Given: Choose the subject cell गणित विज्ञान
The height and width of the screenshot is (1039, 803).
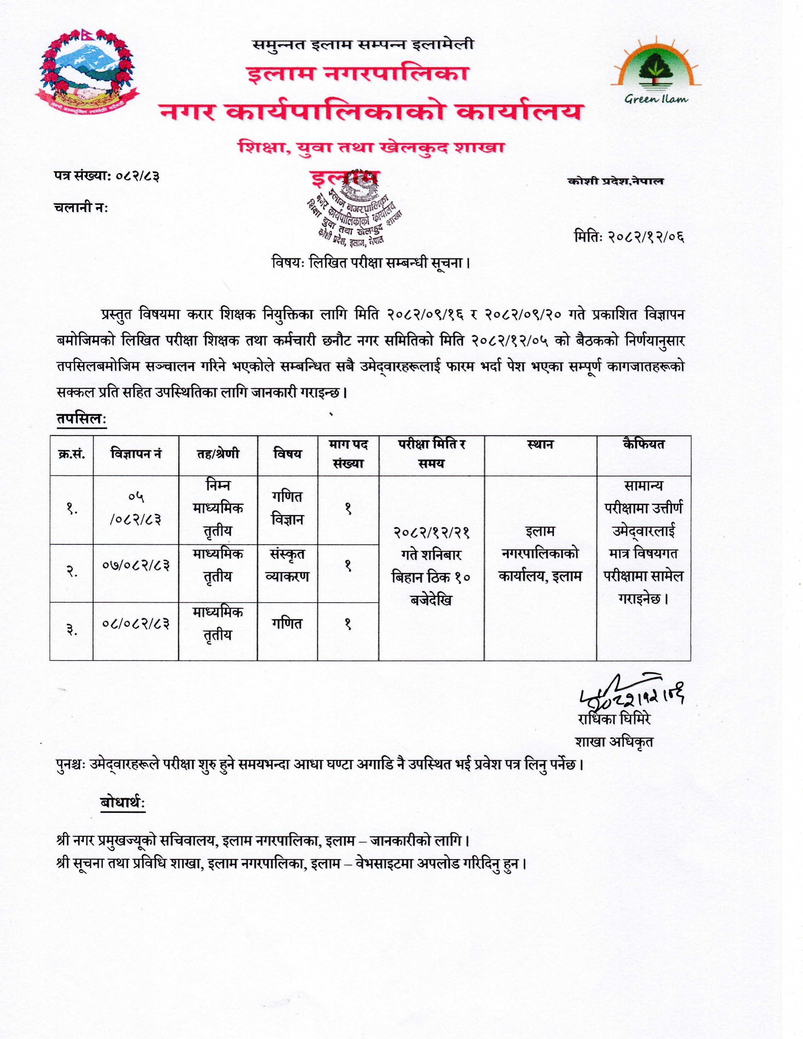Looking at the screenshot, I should click(x=287, y=508).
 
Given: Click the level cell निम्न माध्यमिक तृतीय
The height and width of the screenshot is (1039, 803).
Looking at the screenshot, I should click(x=218, y=508).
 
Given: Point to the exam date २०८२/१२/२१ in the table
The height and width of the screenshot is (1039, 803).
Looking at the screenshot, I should click(x=431, y=532).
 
